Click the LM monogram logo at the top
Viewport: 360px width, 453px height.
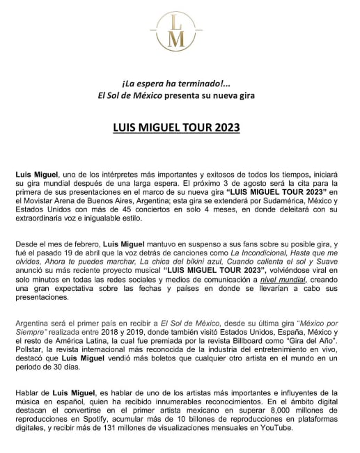point(180,29)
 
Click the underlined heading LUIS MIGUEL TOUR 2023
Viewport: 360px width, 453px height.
point(180,128)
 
